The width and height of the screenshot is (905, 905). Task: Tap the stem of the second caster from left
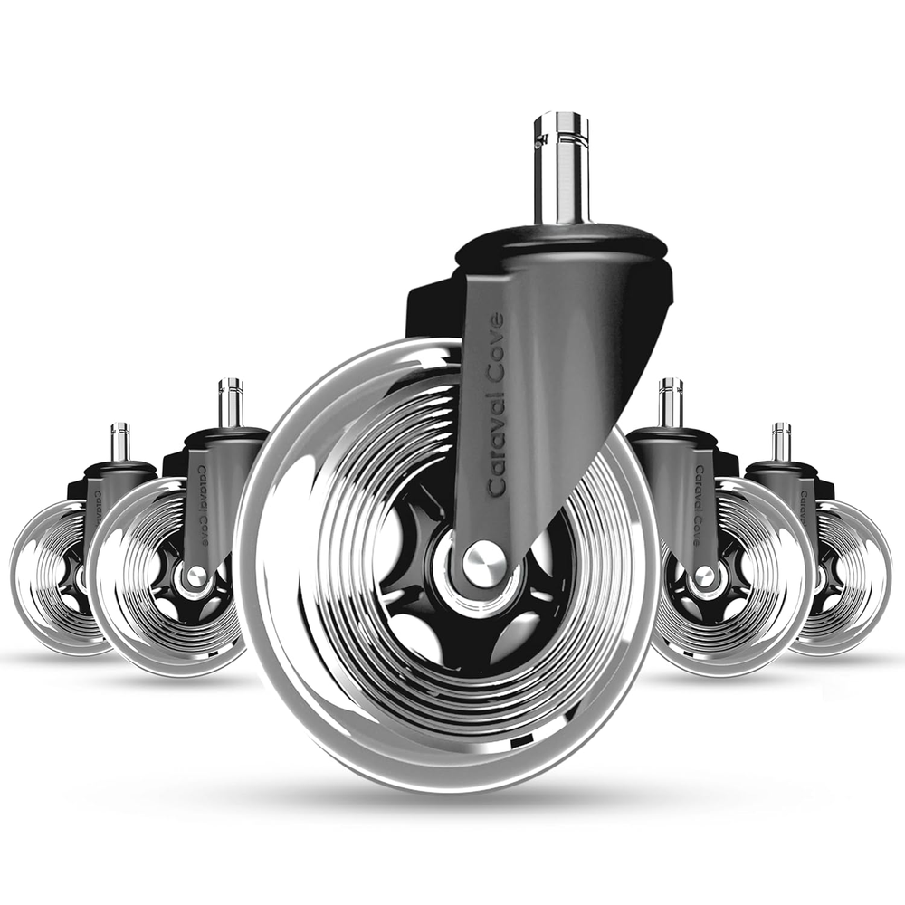click(230, 404)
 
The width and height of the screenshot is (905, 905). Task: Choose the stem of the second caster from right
click(670, 404)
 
